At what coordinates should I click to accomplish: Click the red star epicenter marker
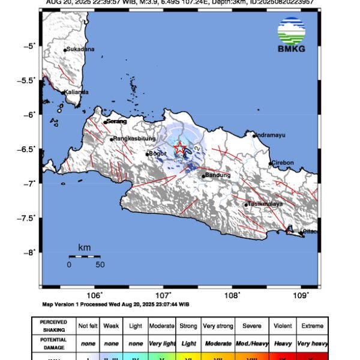179,148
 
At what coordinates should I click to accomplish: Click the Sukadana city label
80,49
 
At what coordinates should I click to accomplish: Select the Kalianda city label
76,92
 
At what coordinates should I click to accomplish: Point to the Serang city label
116,121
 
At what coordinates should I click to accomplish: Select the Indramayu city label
269,135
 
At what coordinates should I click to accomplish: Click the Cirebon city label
283,163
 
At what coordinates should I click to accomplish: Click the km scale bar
84,256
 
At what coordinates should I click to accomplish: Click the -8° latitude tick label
31,253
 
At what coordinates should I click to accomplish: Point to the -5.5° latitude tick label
28,80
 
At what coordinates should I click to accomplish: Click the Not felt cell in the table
89,326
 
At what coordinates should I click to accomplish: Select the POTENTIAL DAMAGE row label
54,343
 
